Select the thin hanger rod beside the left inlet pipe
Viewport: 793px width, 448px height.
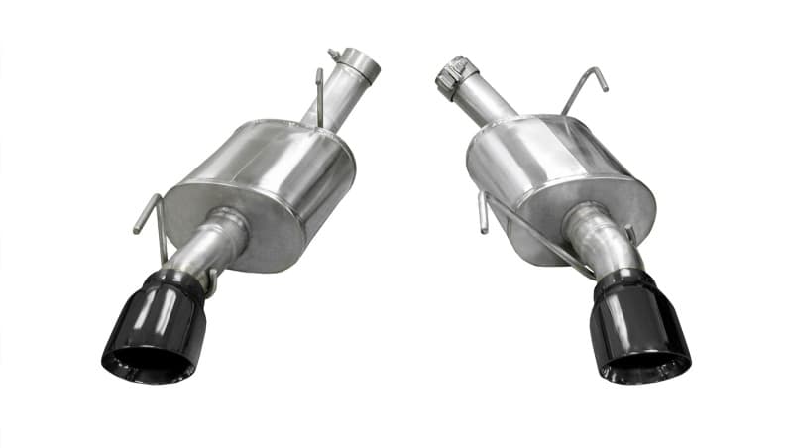(x=318, y=94)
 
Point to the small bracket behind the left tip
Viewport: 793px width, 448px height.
(x=210, y=282)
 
